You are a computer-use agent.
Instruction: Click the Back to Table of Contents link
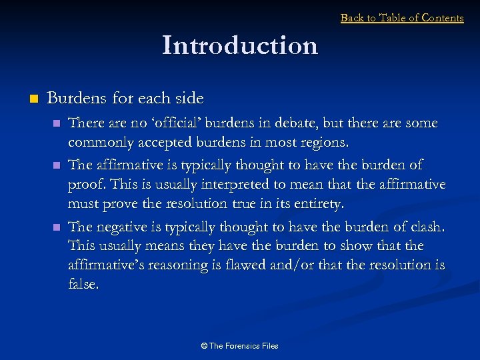tap(402, 18)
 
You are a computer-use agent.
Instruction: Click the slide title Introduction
tap(240, 45)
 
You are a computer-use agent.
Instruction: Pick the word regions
tap(325, 143)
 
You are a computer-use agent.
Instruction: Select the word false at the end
tap(83, 285)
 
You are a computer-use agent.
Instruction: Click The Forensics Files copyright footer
tap(240, 346)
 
